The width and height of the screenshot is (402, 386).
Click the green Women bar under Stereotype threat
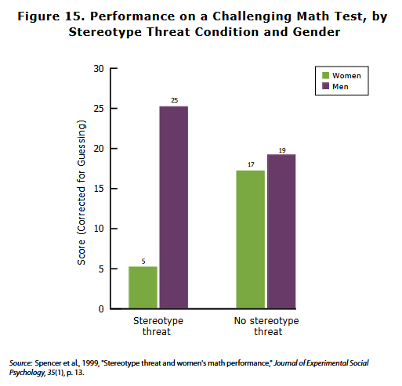[x=143, y=287]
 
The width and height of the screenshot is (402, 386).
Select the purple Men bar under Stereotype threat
[x=174, y=207]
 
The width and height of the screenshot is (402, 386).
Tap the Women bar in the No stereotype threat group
[x=251, y=240]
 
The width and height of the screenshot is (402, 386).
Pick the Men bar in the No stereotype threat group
[x=281, y=231]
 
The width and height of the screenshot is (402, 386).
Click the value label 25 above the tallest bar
[x=175, y=100]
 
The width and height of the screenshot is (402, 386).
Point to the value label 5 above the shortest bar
[x=143, y=262]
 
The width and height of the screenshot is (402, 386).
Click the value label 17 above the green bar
[x=251, y=164]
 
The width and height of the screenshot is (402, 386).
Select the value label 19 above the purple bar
[x=282, y=150]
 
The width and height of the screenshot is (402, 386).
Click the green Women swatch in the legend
[x=325, y=75]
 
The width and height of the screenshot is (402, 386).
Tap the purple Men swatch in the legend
[x=325, y=86]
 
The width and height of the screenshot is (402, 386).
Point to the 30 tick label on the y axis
[x=99, y=69]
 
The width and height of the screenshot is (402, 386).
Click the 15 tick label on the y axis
[x=99, y=189]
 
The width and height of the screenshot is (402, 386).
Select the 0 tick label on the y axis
[x=101, y=309]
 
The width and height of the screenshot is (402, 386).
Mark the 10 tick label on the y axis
[x=99, y=229]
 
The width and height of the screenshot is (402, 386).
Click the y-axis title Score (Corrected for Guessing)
[x=81, y=193]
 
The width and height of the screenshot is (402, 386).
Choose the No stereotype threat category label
[x=266, y=326]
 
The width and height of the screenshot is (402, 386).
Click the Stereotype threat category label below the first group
[x=158, y=326]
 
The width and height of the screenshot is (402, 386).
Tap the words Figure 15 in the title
[x=51, y=16]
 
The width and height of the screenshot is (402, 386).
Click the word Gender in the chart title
[x=317, y=32]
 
